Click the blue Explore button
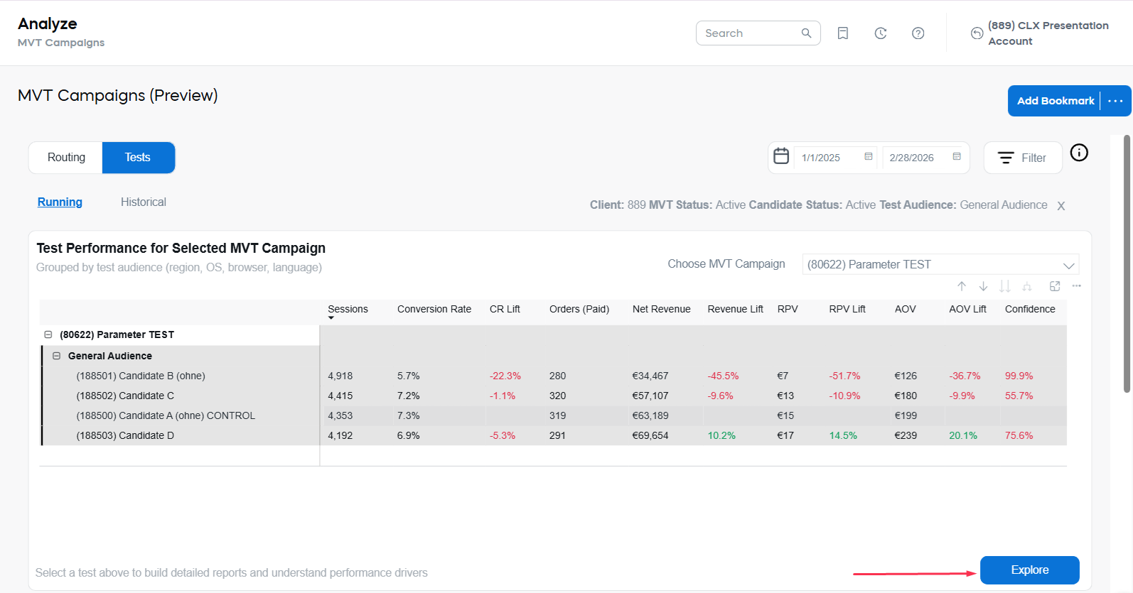pos(1029,570)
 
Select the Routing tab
pos(66,158)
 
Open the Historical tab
pos(143,202)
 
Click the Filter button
pos(1022,158)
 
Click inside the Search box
pos(750,33)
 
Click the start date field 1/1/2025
pos(829,158)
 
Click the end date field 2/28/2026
pos(917,158)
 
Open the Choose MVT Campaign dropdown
pos(940,264)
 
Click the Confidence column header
pos(1029,309)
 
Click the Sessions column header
pos(348,309)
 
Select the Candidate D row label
pos(125,435)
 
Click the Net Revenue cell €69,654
pos(650,435)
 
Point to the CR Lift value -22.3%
pos(505,376)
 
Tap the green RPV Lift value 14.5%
pos(843,435)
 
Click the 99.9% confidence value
pos(1019,376)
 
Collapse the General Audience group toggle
pos(56,356)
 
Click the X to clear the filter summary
pos(1060,206)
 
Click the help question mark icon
pos(918,33)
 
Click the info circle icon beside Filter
pos(1078,153)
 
